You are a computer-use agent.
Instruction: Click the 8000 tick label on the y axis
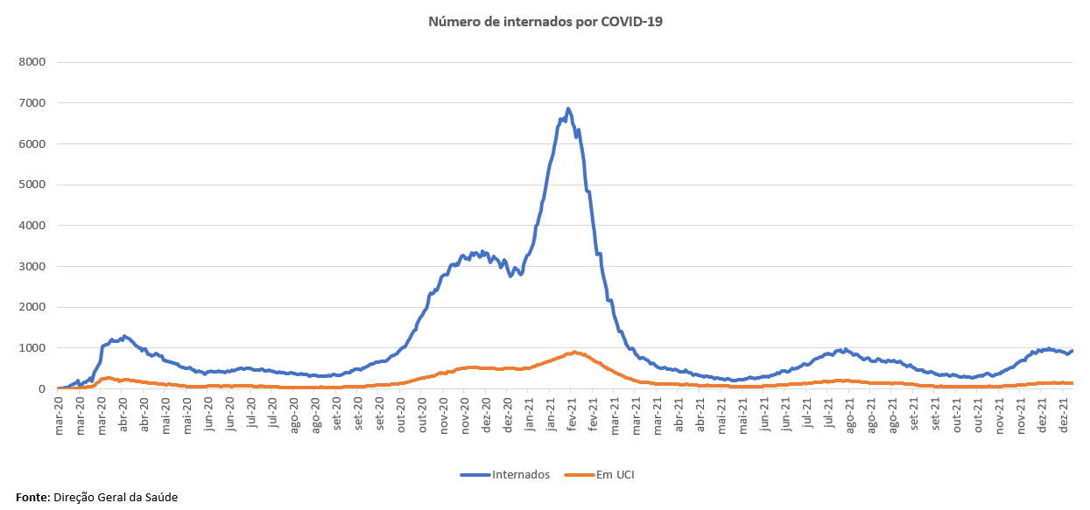(33, 62)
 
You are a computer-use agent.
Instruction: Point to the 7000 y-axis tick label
(33, 103)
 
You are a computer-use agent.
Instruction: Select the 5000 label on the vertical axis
(33, 185)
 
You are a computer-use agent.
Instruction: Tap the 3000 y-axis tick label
(33, 266)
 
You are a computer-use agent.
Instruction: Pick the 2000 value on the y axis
(33, 307)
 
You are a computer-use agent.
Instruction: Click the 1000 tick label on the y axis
(33, 348)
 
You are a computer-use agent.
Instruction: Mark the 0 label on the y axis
(42, 388)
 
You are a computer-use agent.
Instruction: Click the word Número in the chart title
(452, 21)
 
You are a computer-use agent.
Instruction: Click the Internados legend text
(522, 475)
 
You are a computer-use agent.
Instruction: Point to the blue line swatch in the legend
(475, 475)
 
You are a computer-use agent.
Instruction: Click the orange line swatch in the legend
(579, 475)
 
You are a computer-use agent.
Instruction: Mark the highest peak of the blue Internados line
(568, 109)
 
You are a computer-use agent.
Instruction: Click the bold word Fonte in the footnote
(32, 497)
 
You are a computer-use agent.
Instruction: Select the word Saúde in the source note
(160, 497)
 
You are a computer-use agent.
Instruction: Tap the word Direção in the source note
(75, 497)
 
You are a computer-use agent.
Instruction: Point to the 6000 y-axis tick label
(33, 143)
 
